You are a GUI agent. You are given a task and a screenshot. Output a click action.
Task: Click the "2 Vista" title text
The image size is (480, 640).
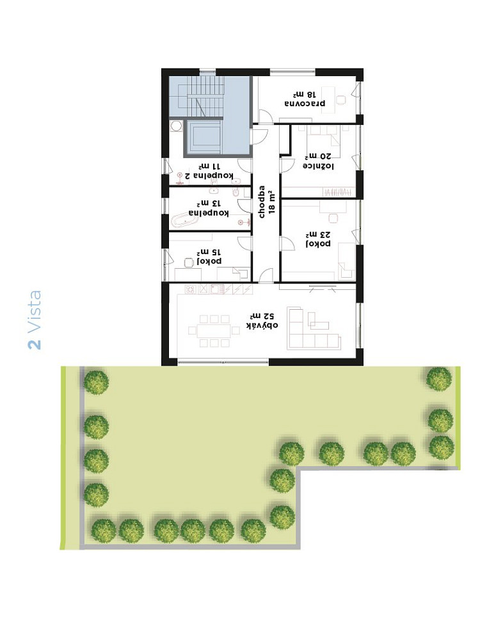[x=35, y=319]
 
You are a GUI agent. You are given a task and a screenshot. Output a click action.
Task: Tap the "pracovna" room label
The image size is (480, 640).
[x=305, y=103]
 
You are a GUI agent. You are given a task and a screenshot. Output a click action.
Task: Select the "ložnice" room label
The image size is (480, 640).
[x=318, y=165]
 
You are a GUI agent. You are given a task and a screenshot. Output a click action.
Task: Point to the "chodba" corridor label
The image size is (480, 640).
[x=262, y=202]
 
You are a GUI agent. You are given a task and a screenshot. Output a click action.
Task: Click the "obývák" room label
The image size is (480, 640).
[x=262, y=325]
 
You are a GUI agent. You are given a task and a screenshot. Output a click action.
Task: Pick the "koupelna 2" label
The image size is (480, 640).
[x=209, y=175]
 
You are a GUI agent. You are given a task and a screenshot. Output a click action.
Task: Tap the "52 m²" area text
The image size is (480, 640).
[x=262, y=316]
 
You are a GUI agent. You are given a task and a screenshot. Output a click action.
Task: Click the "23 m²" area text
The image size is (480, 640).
[x=318, y=234]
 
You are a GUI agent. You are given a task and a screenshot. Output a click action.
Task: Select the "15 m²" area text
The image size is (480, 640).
[x=209, y=252]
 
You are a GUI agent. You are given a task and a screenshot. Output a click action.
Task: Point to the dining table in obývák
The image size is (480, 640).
[x=214, y=331]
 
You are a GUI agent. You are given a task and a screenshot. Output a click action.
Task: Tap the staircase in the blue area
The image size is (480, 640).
[x=205, y=97]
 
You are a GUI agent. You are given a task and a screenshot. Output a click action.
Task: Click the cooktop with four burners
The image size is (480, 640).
[x=191, y=289]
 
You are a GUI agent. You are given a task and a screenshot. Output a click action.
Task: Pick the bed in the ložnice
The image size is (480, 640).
[x=324, y=135]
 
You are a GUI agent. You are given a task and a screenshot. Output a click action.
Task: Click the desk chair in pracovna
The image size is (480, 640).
[x=341, y=100]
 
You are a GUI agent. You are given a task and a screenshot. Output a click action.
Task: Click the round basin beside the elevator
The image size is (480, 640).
[x=176, y=125]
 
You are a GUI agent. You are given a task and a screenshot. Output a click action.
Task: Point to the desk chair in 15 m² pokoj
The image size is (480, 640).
[x=189, y=262]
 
